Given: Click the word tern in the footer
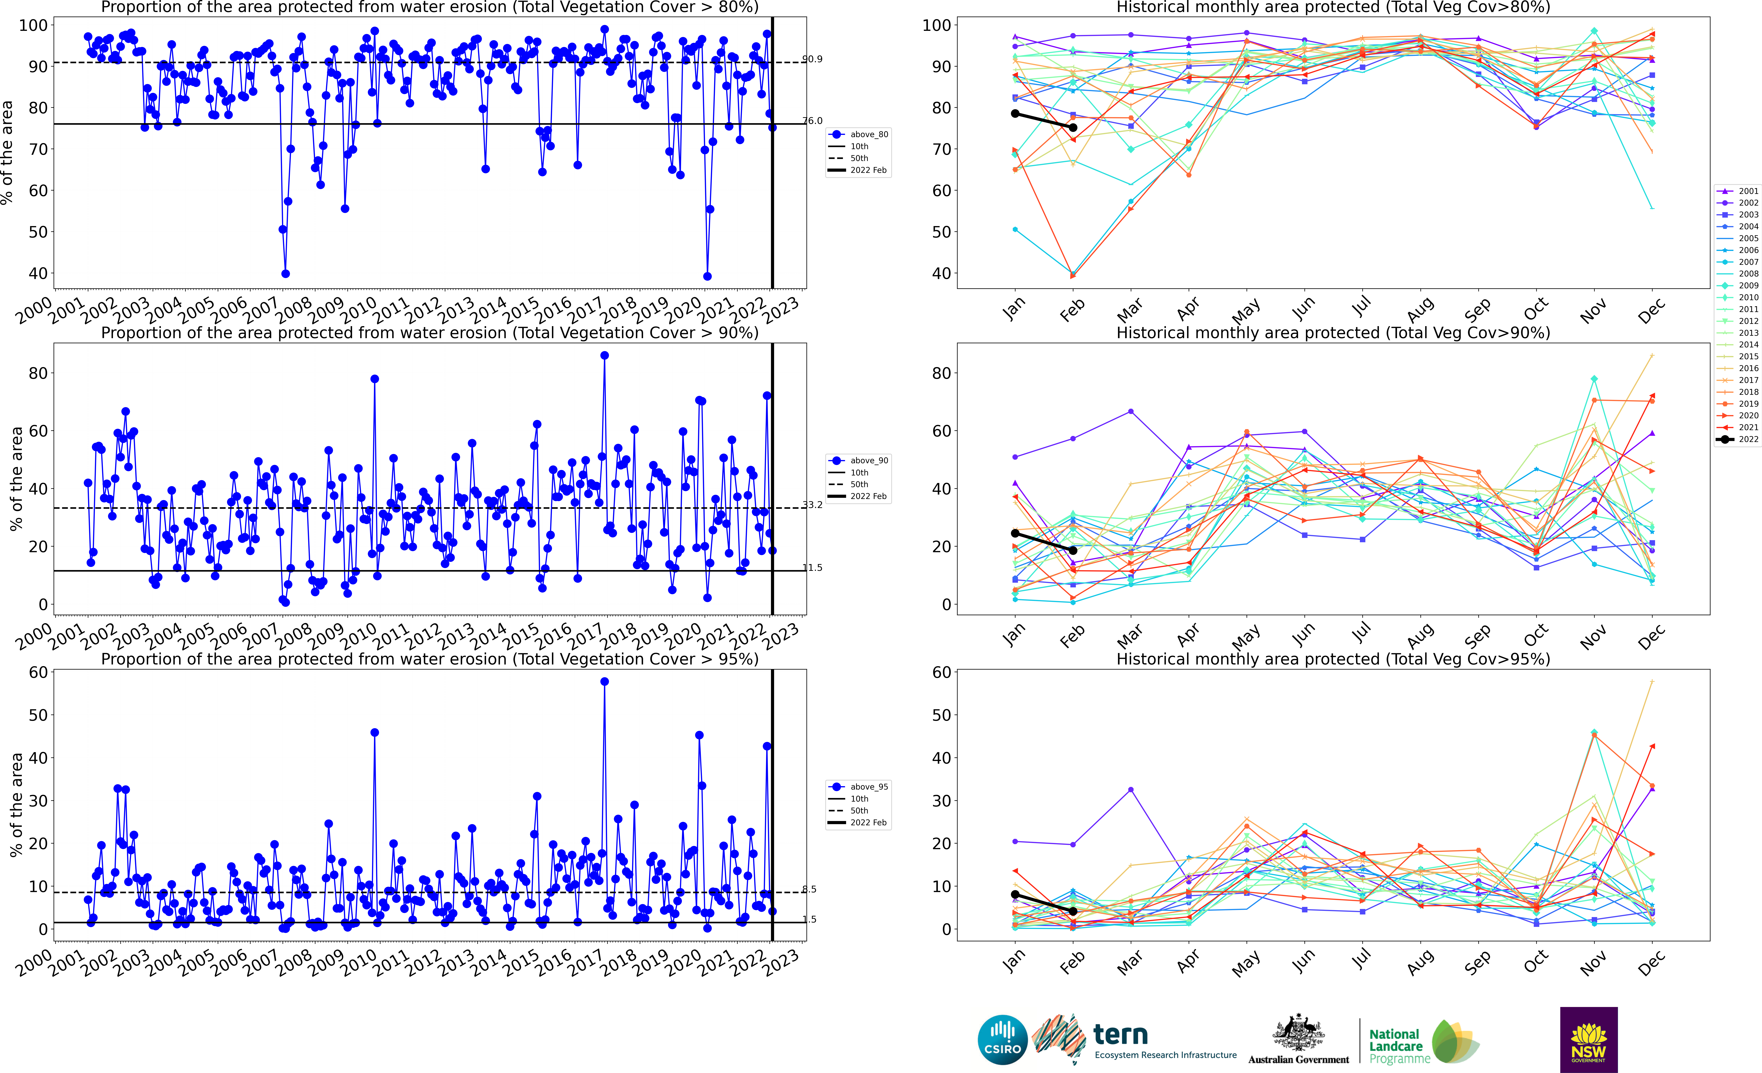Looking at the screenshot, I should point(1121,1034).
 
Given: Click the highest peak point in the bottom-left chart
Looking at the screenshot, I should point(604,682).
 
